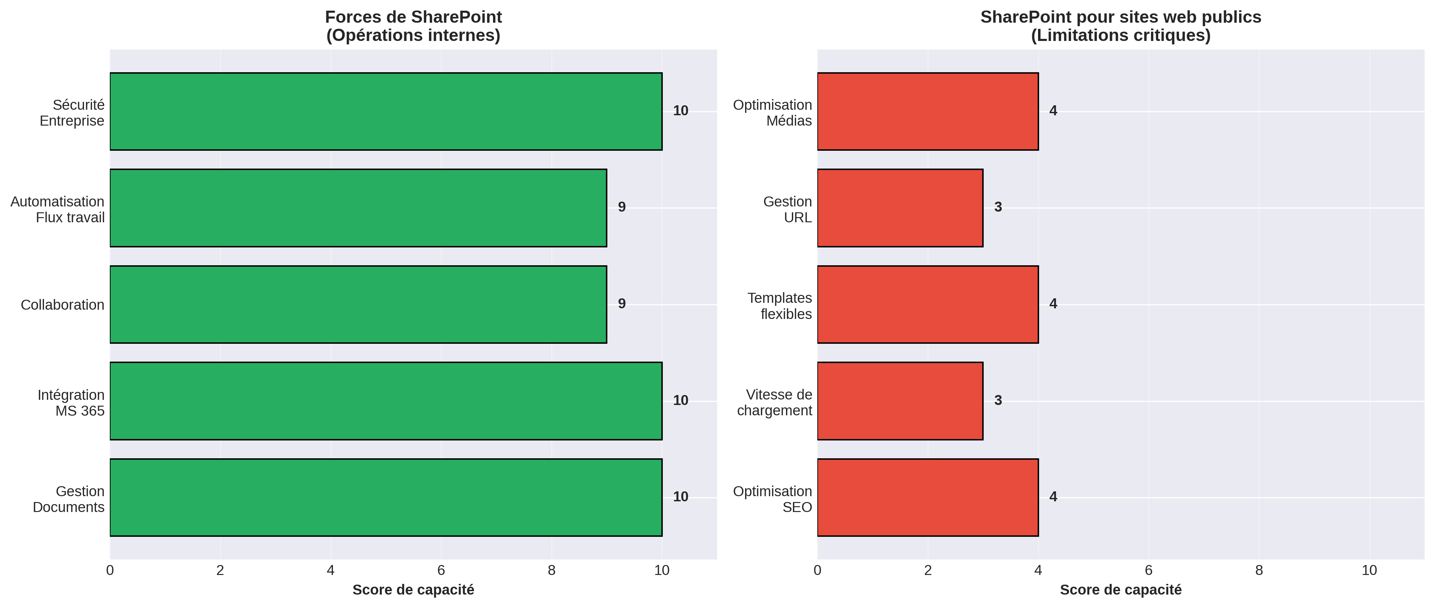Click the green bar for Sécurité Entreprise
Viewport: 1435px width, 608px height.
pos(386,111)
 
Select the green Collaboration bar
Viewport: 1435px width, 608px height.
pos(358,305)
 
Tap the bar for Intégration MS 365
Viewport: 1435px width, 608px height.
pos(386,401)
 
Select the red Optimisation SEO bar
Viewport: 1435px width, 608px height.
pos(928,497)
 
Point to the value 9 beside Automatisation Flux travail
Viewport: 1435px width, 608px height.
pos(622,207)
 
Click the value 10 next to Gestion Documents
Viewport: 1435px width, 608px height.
pos(680,497)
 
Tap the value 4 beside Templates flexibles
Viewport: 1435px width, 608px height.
pos(1053,303)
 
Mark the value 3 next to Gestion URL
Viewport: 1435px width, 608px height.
pos(998,207)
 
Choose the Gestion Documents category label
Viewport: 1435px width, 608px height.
pos(69,499)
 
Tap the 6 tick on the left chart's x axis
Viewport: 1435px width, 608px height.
pos(441,570)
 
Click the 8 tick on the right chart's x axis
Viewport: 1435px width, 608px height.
pos(1259,570)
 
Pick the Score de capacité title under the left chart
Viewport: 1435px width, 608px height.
pos(413,590)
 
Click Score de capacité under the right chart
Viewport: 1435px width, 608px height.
pos(1120,590)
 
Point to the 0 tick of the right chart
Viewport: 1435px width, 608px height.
pos(817,570)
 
